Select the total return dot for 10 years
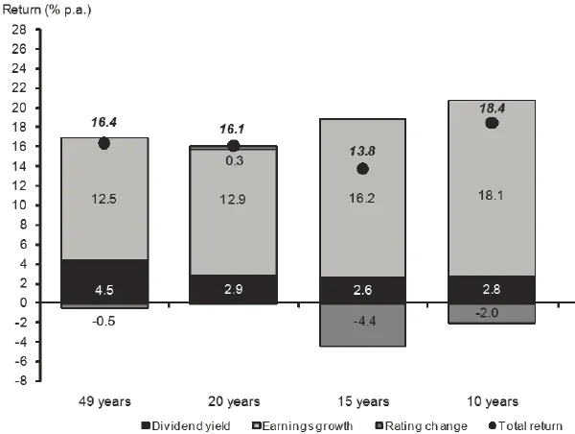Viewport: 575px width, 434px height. [492, 123]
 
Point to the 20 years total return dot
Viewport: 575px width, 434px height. [233, 146]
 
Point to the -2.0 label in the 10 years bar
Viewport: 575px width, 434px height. [492, 312]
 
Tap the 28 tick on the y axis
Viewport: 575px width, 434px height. [17, 30]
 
